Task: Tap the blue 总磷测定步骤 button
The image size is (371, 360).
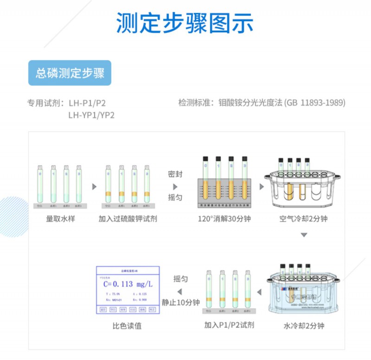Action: [x=70, y=73]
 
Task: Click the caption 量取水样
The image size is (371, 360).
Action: [x=60, y=218]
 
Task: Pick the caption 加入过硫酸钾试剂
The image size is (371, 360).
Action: [x=128, y=218]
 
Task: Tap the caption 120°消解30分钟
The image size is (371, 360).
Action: [x=224, y=218]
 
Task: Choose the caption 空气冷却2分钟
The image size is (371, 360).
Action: [x=304, y=218]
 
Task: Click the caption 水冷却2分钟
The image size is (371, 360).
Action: [x=304, y=326]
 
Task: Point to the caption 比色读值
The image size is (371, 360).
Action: [x=127, y=326]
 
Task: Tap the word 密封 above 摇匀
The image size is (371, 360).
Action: [x=175, y=174]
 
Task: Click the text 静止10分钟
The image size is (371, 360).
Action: [x=180, y=302]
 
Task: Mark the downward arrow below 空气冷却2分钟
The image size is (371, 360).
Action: [x=304, y=235]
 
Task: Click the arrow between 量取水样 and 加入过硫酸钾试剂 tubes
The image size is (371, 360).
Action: [x=95, y=187]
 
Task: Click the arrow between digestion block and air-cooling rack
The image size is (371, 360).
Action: [x=261, y=187]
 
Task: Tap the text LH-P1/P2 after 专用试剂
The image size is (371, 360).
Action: [x=90, y=103]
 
